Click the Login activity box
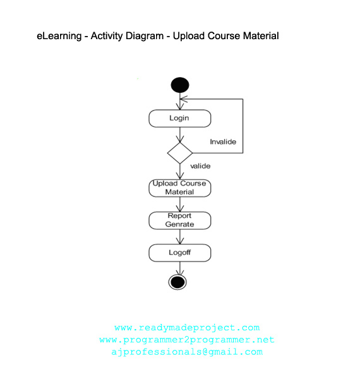pos(179,118)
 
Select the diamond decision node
pos(180,153)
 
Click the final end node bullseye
pos(178,282)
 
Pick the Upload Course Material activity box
pos(179,188)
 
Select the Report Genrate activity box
pos(179,220)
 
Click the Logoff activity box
pos(179,253)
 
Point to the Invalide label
pos(222,142)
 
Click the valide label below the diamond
pos(200,166)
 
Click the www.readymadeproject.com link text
pos(187,328)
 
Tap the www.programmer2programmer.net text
pos(187,340)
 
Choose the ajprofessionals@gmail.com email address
pos(187,352)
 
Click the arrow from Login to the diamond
pos(180,135)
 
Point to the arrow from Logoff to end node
pos(180,268)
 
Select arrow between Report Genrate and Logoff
pos(180,237)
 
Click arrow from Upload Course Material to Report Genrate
pos(180,204)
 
